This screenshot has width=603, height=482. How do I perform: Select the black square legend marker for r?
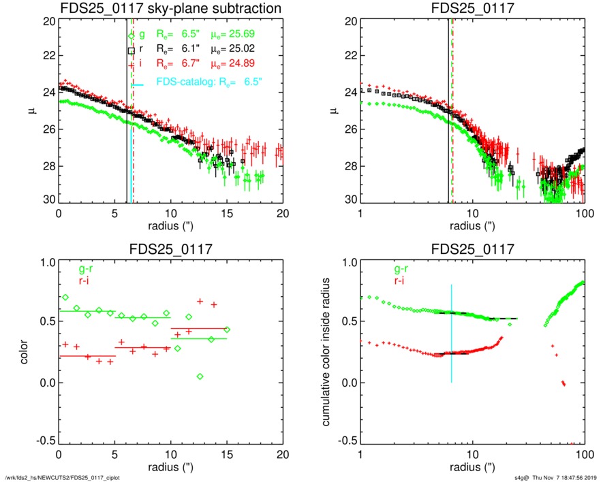[x=132, y=50]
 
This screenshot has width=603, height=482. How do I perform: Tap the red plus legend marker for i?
[x=132, y=65]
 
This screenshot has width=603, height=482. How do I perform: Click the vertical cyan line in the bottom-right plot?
[x=452, y=340]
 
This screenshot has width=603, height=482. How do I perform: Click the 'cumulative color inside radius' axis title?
[x=328, y=351]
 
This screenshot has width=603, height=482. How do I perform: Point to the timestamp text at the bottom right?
[x=555, y=475]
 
